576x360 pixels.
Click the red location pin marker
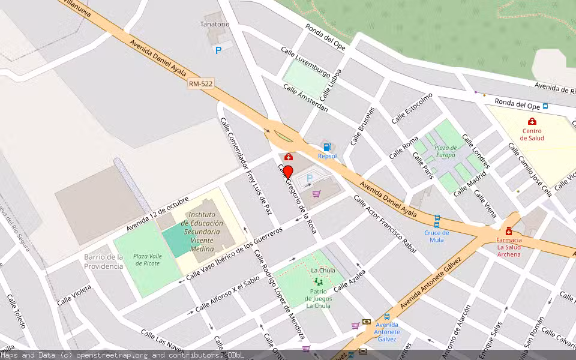pos(288,172)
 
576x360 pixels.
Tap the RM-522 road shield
pos(201,85)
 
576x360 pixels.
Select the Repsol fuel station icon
pos(327,147)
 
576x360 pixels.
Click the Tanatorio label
pos(215,24)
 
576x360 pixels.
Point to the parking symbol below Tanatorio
pos(218,50)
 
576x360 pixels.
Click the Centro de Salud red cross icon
pos(532,121)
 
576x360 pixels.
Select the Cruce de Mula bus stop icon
pos(437,219)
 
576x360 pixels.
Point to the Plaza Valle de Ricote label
pos(147,259)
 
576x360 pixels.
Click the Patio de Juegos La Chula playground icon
pos(318,281)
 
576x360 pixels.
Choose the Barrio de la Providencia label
pos(103,262)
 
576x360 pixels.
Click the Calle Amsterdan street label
pos(305,97)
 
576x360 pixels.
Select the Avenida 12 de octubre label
pos(158,214)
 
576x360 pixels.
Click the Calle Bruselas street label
pos(362,127)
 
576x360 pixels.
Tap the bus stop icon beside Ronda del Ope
pos(545,106)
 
